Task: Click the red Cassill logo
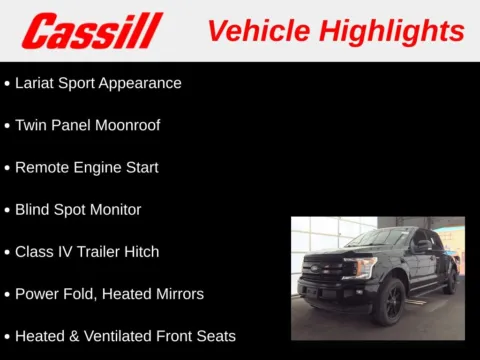pos(92,31)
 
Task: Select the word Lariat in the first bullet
pos(36,83)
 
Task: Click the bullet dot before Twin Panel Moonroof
pos(7,126)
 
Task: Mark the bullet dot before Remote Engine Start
pos(7,168)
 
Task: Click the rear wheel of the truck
pos(450,280)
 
